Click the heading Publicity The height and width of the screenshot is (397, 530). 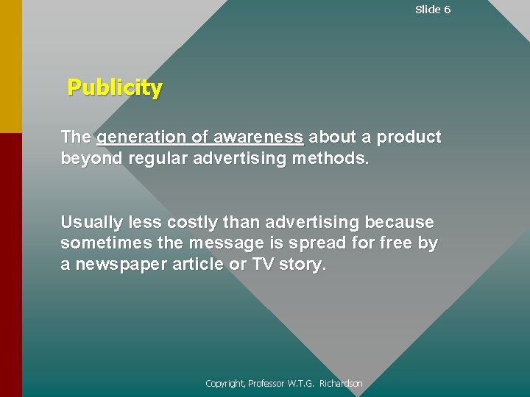(x=115, y=88)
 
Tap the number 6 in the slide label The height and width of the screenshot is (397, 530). (x=447, y=10)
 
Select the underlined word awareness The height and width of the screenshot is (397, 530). (x=258, y=137)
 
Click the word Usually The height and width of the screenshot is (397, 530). (x=89, y=222)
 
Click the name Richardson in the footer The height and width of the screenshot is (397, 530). (x=341, y=384)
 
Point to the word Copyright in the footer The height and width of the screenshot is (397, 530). (x=225, y=384)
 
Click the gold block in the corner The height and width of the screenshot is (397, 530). (x=10, y=66)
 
